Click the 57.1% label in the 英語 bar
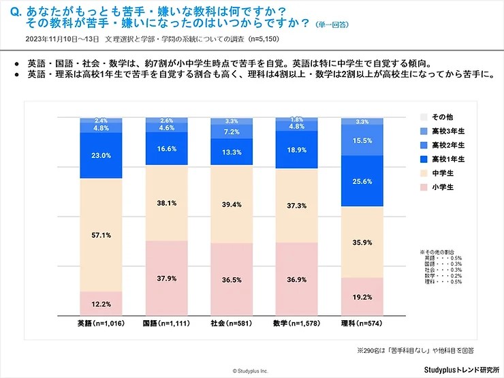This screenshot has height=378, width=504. click(x=101, y=234)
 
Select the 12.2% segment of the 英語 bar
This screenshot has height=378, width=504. click(x=101, y=303)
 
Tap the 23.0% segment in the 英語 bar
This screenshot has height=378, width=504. click(x=101, y=155)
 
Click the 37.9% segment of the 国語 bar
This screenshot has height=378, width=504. click(x=166, y=277)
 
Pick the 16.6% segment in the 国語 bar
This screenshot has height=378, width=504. click(x=166, y=148)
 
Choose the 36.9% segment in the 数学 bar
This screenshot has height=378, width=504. click(x=296, y=279)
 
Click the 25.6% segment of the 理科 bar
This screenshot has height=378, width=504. click(x=361, y=181)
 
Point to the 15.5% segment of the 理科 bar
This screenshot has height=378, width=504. click(x=361, y=140)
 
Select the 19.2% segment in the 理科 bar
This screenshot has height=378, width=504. click(x=361, y=297)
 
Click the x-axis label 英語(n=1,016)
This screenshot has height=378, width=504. click(x=101, y=324)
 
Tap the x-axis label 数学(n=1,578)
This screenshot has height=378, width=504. click(x=296, y=324)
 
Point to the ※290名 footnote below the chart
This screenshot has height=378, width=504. click(x=416, y=350)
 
